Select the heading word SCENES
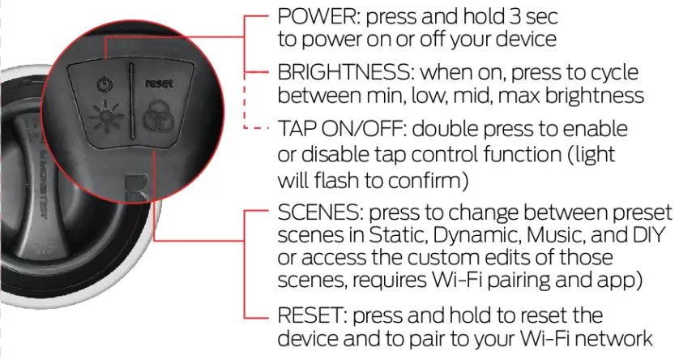[x=317, y=212]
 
